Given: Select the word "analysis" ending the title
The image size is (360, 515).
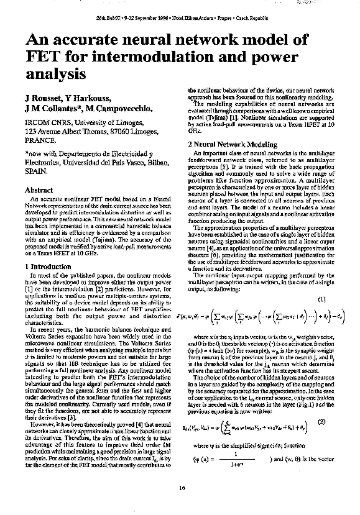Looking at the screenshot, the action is point(55,75).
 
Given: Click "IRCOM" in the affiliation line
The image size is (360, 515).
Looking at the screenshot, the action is point(37,123).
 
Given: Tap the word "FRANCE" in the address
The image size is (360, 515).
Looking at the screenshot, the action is point(40,141).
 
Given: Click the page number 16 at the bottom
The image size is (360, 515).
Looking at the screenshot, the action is point(182,487).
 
